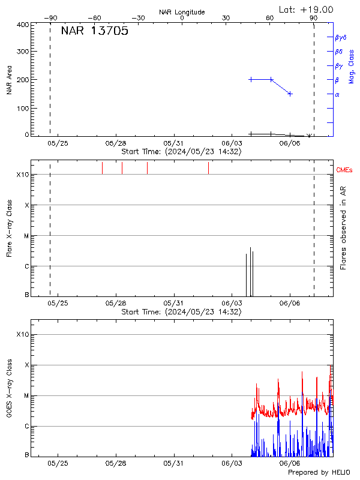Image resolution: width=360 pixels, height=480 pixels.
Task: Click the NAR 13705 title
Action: click(x=94, y=32)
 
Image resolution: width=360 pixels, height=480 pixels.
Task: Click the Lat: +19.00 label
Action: click(x=307, y=10)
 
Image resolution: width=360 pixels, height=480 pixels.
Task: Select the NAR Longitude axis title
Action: click(x=182, y=12)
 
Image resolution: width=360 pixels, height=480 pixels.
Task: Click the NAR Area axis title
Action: click(x=9, y=80)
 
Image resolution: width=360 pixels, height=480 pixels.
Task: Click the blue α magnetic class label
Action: click(x=337, y=94)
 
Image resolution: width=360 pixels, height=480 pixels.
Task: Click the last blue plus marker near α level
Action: click(x=290, y=94)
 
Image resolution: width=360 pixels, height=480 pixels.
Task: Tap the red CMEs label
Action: click(x=345, y=171)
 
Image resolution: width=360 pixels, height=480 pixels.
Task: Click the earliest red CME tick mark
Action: click(x=103, y=168)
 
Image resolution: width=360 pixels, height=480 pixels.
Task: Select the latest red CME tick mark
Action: click(x=208, y=168)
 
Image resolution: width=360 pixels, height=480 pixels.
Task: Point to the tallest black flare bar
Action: click(x=250, y=271)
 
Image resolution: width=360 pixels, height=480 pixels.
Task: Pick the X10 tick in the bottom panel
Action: click(x=23, y=334)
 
